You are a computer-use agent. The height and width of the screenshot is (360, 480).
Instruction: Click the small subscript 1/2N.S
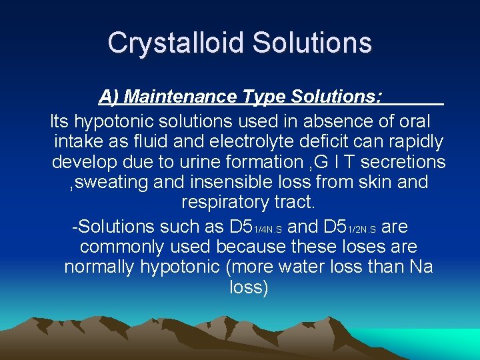click(x=362, y=229)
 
